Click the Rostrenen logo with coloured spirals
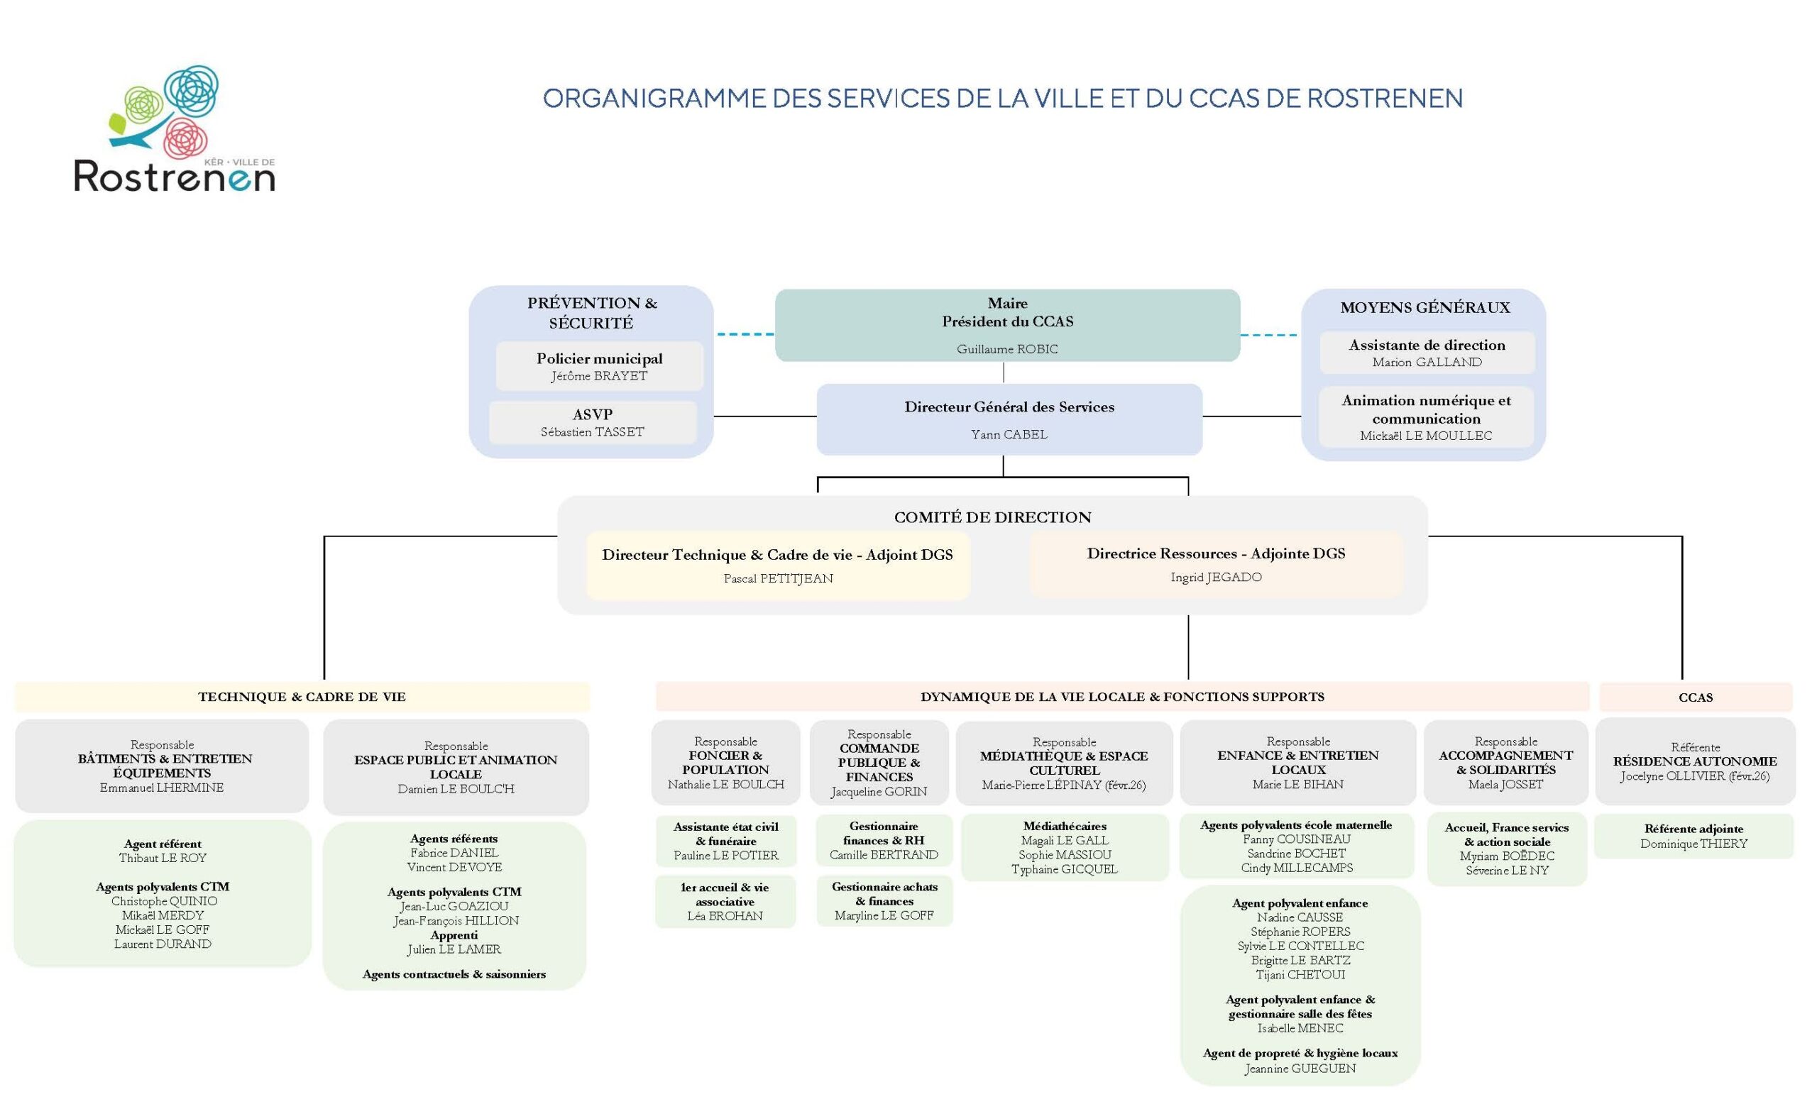(x=174, y=129)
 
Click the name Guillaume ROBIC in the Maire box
(x=1006, y=349)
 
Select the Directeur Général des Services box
(x=1009, y=419)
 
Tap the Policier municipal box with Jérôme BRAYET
(x=599, y=366)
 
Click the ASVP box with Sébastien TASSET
(x=592, y=422)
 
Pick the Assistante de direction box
(x=1426, y=353)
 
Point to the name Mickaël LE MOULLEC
(x=1425, y=436)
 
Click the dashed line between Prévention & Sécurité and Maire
(x=744, y=334)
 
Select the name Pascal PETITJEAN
(x=778, y=578)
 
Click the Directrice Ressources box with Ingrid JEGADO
(x=1215, y=564)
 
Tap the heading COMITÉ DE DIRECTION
(x=992, y=517)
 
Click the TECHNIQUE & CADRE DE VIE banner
(x=302, y=697)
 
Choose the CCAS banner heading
(x=1695, y=697)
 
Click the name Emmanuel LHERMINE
(x=162, y=788)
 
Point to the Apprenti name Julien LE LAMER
(x=454, y=949)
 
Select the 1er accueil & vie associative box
(x=725, y=901)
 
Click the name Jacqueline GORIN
(x=878, y=792)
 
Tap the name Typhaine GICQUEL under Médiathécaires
(x=1064, y=868)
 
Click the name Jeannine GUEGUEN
(x=1300, y=1069)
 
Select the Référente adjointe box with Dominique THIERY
(x=1693, y=836)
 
